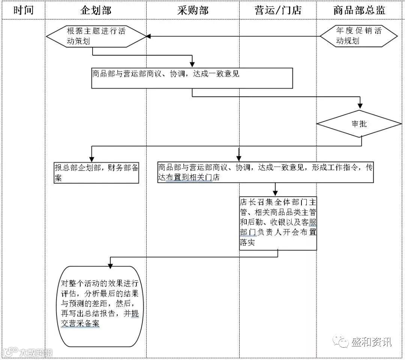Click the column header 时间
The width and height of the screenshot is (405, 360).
pyautogui.click(x=23, y=10)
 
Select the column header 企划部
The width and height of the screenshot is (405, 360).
pyautogui.click(x=96, y=10)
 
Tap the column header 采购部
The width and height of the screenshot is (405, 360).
pyautogui.click(x=193, y=10)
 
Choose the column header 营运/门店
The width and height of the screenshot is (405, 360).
pyautogui.click(x=277, y=10)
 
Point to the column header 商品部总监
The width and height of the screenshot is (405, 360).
pyautogui.click(x=359, y=10)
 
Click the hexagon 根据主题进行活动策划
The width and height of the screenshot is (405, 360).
pyautogui.click(x=96, y=36)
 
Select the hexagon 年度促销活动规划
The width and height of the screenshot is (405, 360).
pyautogui.click(x=358, y=36)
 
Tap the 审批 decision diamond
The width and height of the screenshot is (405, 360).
pyautogui.click(x=359, y=124)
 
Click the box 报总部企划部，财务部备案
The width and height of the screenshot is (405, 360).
pyautogui.click(x=96, y=173)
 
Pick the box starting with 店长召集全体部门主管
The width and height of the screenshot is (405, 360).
pyautogui.click(x=278, y=223)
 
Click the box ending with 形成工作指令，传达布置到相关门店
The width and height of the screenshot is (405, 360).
pyautogui.click(x=265, y=172)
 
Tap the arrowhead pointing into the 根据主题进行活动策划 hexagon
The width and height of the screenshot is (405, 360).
pyautogui.click(x=148, y=36)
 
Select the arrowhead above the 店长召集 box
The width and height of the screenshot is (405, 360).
pyautogui.click(x=275, y=193)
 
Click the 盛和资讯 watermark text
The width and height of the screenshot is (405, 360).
pyautogui.click(x=371, y=342)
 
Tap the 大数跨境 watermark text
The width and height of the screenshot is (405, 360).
pyautogui.click(x=36, y=352)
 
